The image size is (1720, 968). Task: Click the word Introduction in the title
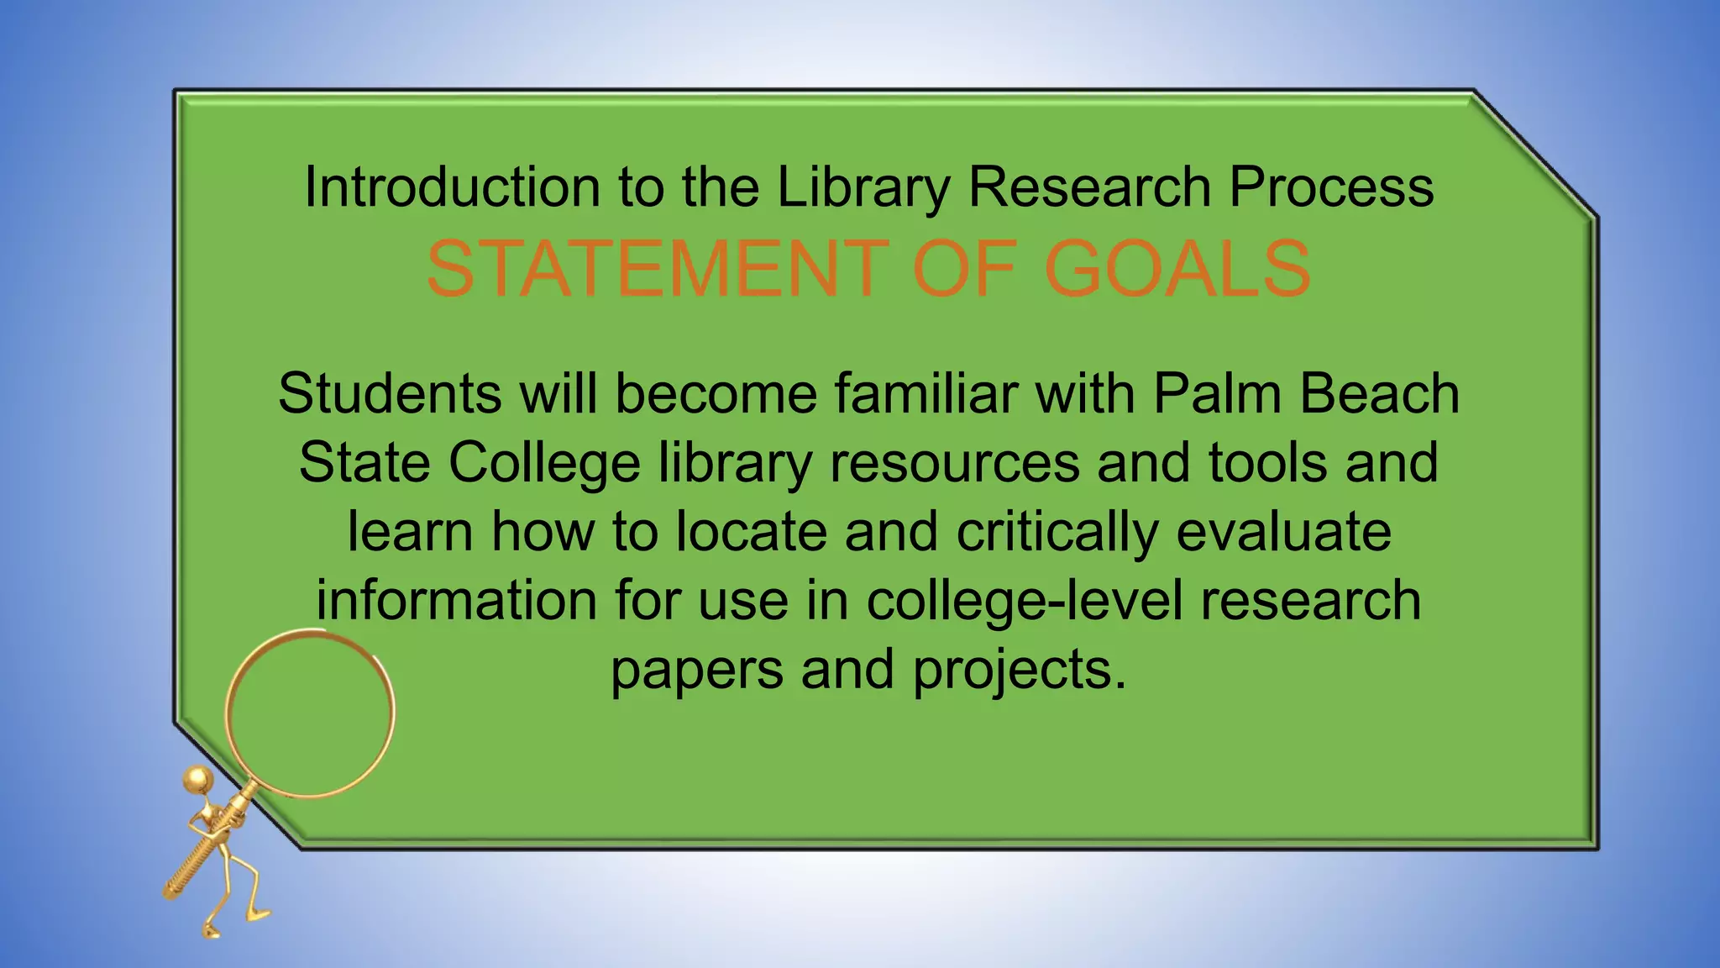coord(452,187)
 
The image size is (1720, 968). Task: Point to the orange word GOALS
coord(1177,269)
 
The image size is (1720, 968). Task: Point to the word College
coord(544,464)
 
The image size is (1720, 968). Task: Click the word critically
coord(1057,533)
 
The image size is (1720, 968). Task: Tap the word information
coord(457,600)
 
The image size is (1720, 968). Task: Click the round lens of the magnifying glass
coord(310,713)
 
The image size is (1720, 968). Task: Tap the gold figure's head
coord(199,780)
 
